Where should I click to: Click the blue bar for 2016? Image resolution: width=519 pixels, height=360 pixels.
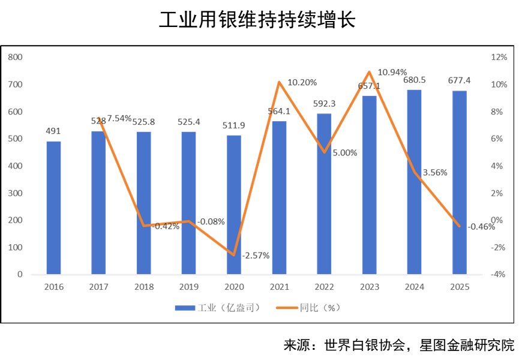pyautogui.click(x=53, y=208)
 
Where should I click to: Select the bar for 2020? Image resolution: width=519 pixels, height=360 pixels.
pyautogui.click(x=234, y=205)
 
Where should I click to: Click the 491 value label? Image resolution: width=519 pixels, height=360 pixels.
pyautogui.click(x=53, y=131)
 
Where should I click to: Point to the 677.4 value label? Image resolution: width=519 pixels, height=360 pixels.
pyautogui.click(x=460, y=80)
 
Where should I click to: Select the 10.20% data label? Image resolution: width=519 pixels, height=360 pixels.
pyautogui.click(x=302, y=82)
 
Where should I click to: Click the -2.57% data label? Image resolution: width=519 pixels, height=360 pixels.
pyautogui.click(x=256, y=255)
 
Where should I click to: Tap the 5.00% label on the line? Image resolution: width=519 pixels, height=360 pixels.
pyautogui.click(x=344, y=152)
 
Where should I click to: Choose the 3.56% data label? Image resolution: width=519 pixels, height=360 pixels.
pyautogui.click(x=435, y=173)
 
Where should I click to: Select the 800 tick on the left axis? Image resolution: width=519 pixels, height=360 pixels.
pyautogui.click(x=16, y=57)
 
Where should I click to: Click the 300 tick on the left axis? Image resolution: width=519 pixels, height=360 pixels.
pyautogui.click(x=16, y=193)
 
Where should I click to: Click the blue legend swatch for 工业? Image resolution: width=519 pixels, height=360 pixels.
pyautogui.click(x=185, y=308)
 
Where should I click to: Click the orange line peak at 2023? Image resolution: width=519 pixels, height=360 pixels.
pyautogui.click(x=369, y=72)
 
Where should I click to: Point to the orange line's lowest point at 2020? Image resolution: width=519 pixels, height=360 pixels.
pyautogui.click(x=234, y=255)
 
